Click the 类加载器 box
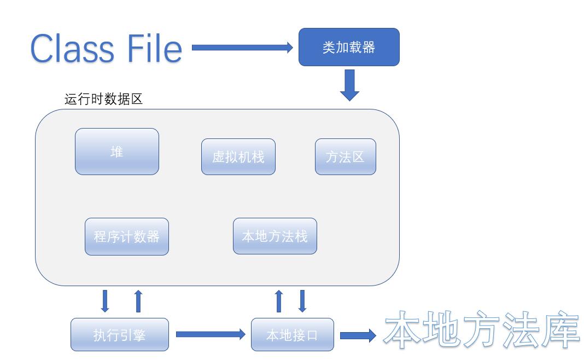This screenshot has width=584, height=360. (x=349, y=47)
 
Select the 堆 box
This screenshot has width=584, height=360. (x=116, y=152)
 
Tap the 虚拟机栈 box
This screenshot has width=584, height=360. (x=238, y=157)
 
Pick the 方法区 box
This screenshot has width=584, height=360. (x=345, y=157)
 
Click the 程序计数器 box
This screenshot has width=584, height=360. (x=126, y=236)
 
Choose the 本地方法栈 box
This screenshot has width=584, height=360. (x=275, y=236)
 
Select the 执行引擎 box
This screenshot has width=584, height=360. (x=119, y=334)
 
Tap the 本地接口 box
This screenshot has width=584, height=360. (x=292, y=334)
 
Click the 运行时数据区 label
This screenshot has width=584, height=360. (x=103, y=100)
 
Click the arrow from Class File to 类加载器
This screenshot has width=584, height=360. (x=243, y=48)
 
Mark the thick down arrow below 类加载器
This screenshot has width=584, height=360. (x=349, y=84)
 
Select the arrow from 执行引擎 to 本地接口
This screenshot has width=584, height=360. (x=210, y=334)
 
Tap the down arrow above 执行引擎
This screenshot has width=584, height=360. (x=106, y=301)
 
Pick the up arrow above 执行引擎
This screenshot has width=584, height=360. (x=138, y=301)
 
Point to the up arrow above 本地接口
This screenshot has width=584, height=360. (x=279, y=301)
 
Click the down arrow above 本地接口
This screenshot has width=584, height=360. (x=302, y=301)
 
